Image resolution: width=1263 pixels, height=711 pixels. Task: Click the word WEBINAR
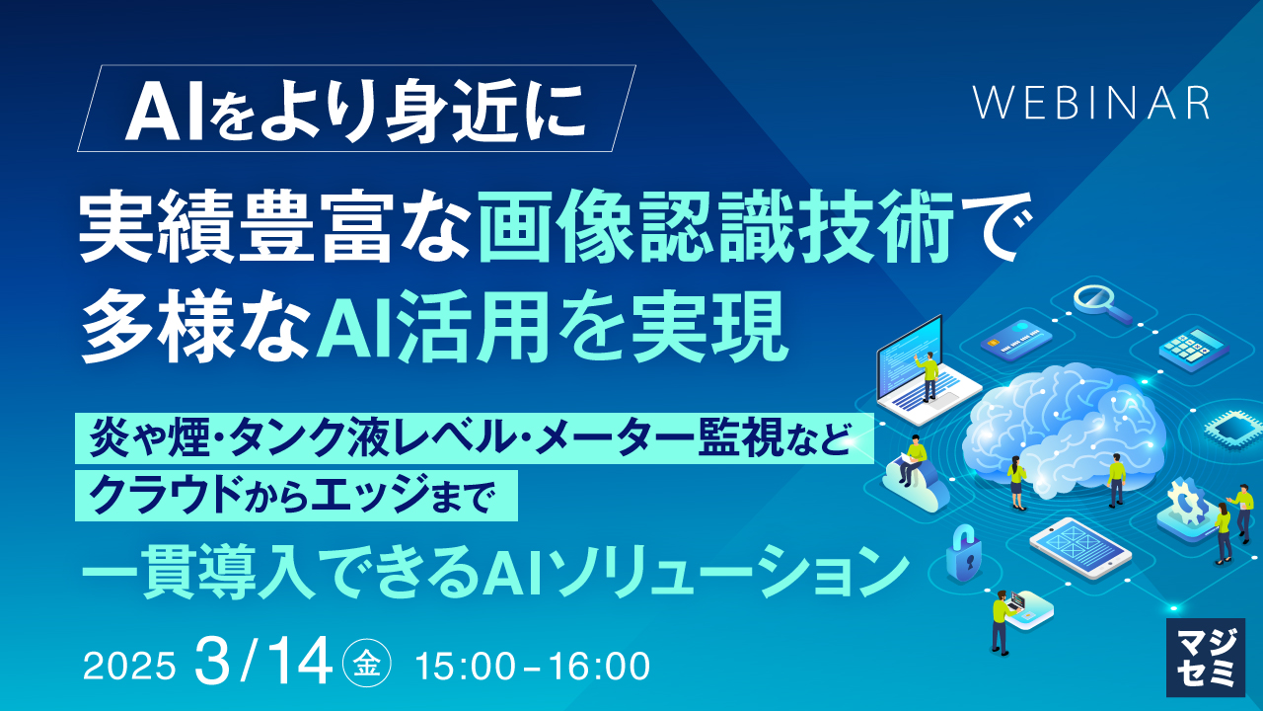(1091, 103)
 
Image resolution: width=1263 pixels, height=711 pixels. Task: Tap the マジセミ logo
(1206, 658)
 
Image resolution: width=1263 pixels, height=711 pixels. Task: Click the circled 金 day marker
(366, 667)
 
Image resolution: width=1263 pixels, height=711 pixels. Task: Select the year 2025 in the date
(129, 667)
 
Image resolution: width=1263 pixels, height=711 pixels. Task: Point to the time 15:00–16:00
(533, 667)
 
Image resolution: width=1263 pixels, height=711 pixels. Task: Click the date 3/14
(263, 661)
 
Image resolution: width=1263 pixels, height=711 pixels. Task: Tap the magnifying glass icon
(1101, 305)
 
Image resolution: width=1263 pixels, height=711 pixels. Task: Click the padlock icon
(963, 554)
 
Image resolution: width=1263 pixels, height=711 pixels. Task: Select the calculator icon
(1194, 349)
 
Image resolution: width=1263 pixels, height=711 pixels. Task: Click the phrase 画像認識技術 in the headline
(716, 227)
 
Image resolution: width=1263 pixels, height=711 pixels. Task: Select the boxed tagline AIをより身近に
(355, 109)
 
